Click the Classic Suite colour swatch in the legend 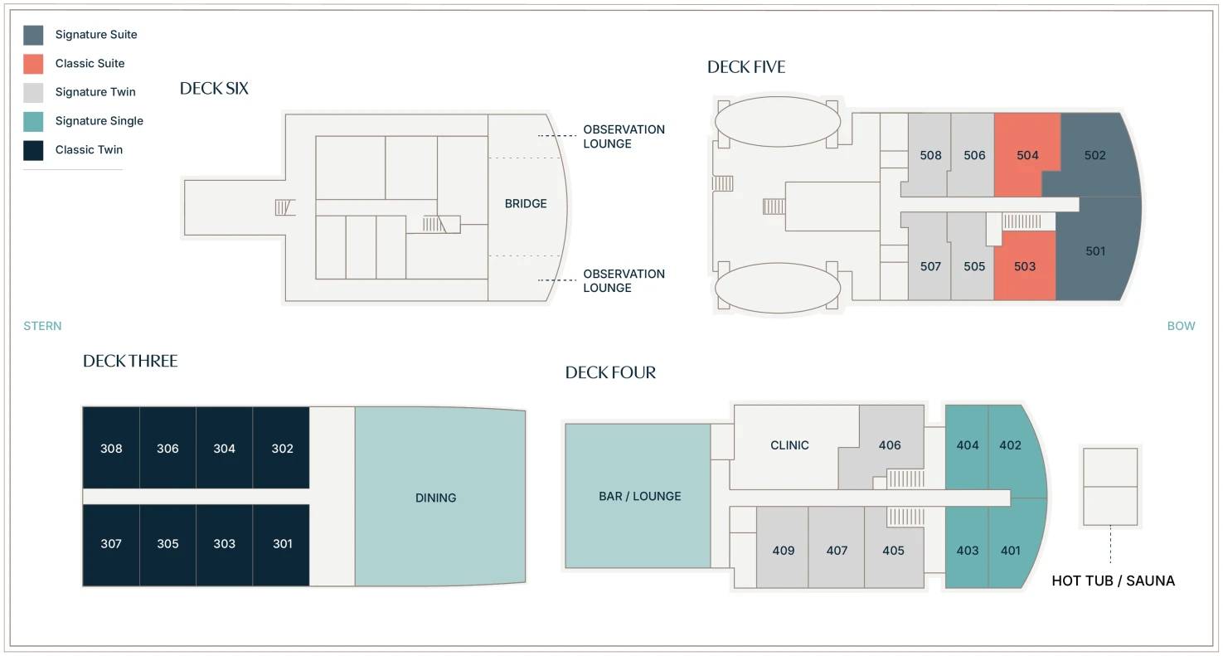(33, 64)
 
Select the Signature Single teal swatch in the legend (33, 121)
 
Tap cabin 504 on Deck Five (1027, 155)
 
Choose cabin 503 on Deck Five (1025, 266)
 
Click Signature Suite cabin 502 (1095, 155)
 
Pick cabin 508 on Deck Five (930, 155)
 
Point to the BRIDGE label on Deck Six (526, 204)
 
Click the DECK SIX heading (214, 89)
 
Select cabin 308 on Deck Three (111, 449)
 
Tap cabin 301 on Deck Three (282, 543)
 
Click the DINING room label (435, 498)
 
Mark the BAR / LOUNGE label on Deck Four (640, 496)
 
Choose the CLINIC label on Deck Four (789, 445)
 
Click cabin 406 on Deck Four (890, 445)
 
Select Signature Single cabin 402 (1010, 445)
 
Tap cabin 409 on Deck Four (783, 551)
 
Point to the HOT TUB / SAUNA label (1114, 581)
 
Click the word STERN (42, 326)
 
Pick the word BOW (1181, 326)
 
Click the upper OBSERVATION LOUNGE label (624, 137)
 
